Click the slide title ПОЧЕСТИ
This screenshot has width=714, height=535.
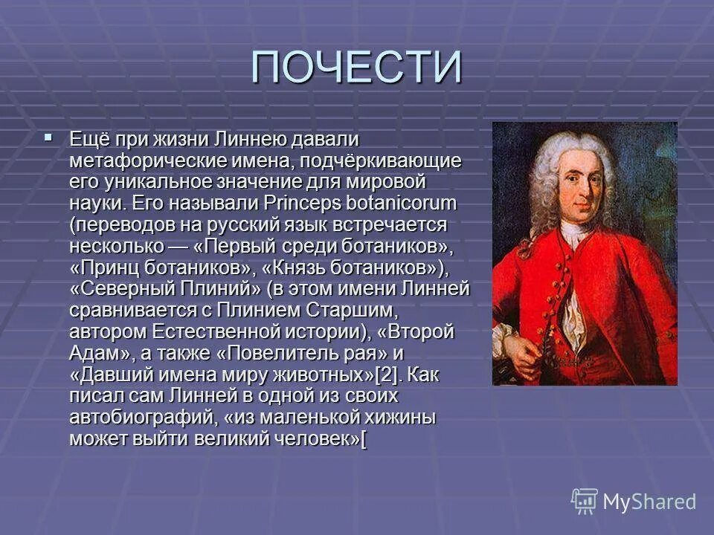coord(356,68)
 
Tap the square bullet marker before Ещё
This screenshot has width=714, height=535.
coord(48,137)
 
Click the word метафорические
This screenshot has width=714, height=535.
coord(132,160)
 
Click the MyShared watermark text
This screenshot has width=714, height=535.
coord(649,502)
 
